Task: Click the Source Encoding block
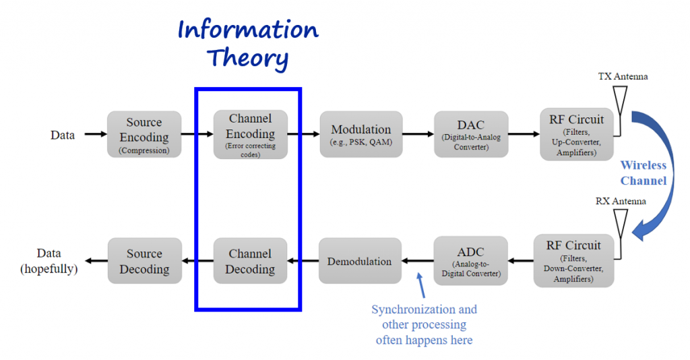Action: coord(144,134)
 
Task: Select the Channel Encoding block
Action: coord(250,134)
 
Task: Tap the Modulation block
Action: coord(360,134)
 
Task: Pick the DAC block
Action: coord(470,134)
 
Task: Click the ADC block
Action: coord(470,260)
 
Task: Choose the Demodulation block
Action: coord(360,261)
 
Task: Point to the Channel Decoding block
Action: coord(250,261)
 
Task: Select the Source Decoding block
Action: coord(144,261)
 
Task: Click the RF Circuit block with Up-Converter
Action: coord(576,134)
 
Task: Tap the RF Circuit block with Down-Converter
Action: coord(573,260)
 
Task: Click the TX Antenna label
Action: coord(623,76)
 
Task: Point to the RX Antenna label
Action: coord(621,201)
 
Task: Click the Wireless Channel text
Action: coord(643,173)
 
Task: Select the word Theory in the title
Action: coord(248,59)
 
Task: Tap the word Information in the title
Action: coord(248,30)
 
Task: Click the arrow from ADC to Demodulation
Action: coord(418,261)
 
